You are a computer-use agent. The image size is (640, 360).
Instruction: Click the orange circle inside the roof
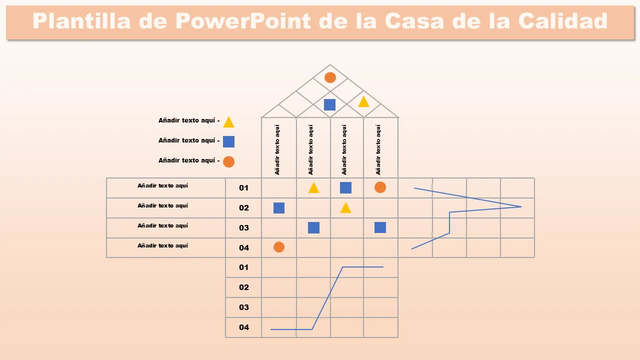[x=330, y=77]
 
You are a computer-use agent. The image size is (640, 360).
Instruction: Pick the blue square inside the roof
[x=329, y=104]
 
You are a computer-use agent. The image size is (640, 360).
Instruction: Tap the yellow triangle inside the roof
[x=363, y=102]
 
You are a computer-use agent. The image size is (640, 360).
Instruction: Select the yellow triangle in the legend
[x=228, y=122]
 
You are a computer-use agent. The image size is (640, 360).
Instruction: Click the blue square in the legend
[x=228, y=141]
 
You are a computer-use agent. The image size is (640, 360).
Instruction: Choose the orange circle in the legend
[x=228, y=161]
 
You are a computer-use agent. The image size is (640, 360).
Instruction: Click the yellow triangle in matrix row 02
[x=345, y=208]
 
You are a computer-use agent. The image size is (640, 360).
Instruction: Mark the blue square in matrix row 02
[x=279, y=208]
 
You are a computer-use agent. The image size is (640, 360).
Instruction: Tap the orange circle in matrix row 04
[x=279, y=247]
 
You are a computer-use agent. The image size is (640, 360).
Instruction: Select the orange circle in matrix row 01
[x=380, y=187]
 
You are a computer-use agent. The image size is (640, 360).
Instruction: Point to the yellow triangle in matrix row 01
[x=313, y=188]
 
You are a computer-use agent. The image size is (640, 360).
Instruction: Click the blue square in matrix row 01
[x=345, y=187]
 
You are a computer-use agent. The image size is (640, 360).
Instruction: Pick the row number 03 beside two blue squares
[x=244, y=228]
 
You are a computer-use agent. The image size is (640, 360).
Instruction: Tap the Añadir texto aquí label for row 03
[x=163, y=225]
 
